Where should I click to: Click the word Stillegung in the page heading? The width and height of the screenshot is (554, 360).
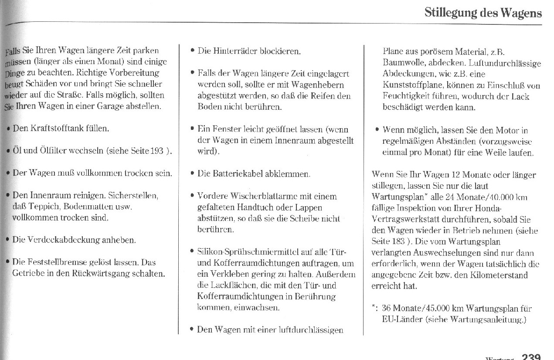tap(450, 13)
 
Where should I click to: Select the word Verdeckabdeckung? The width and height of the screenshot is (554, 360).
tap(63, 240)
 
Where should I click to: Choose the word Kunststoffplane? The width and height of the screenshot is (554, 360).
tap(414, 85)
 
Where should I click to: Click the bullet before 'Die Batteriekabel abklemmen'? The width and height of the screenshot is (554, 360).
tap(192, 173)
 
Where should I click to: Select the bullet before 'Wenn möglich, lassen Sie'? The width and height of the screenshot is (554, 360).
tap(377, 130)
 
